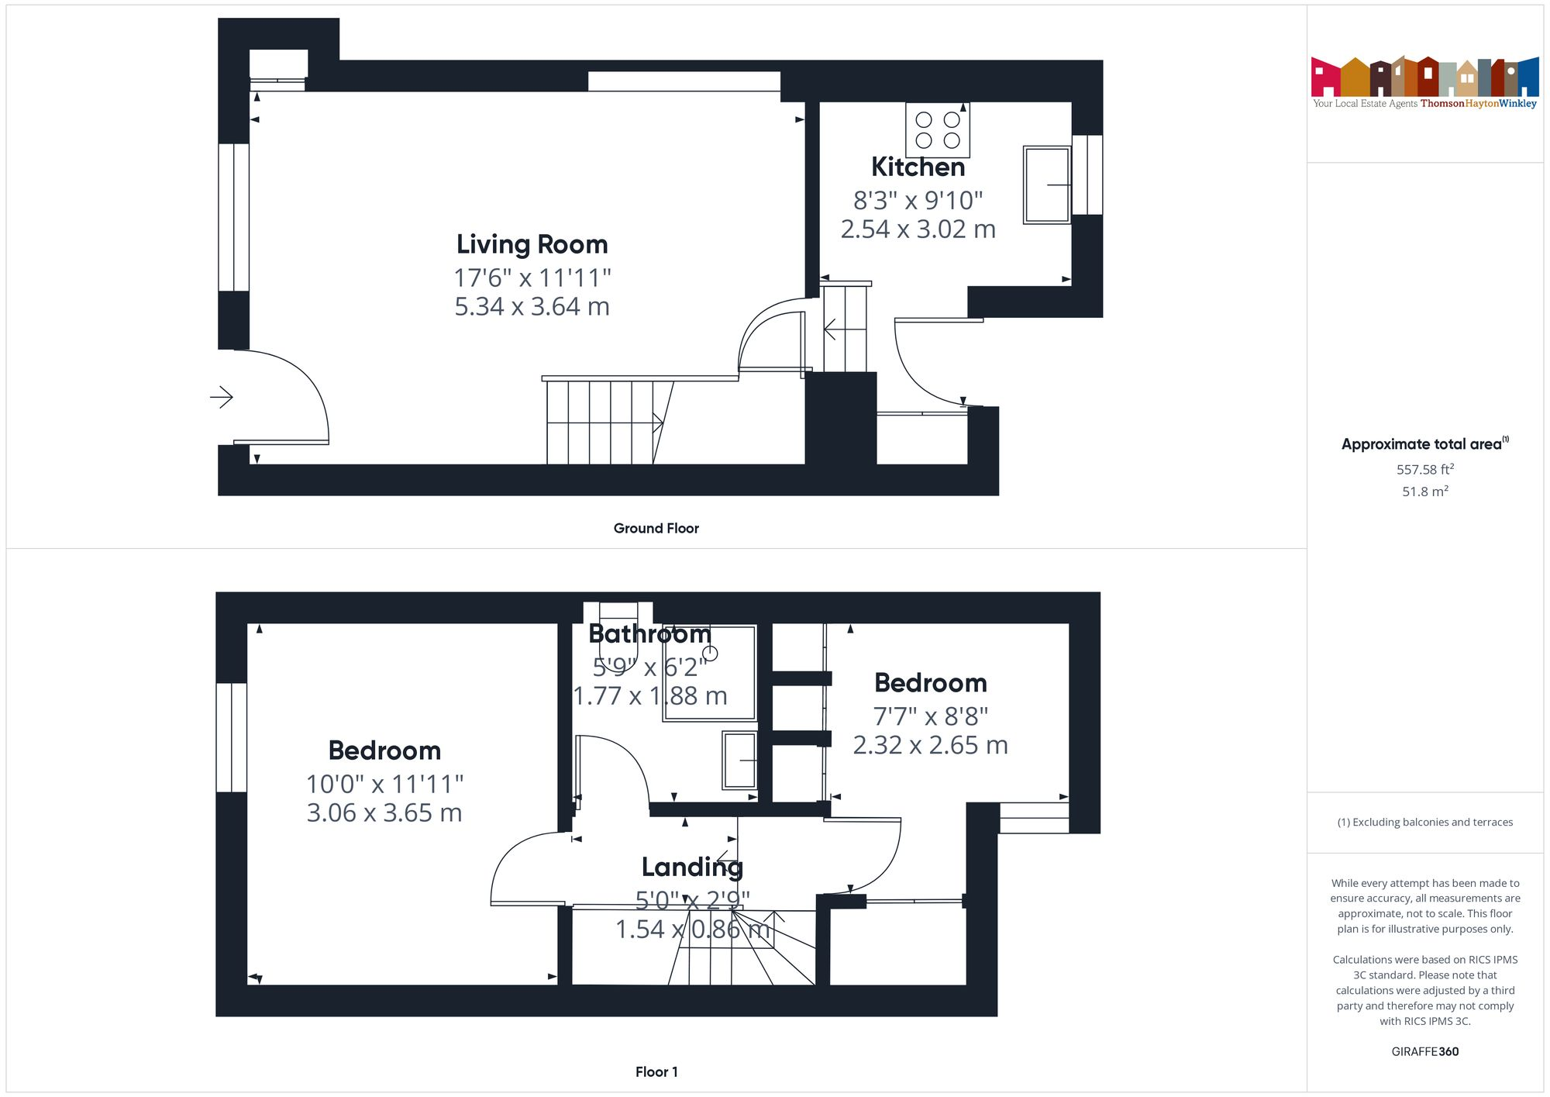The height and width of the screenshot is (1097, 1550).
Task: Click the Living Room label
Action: pyautogui.click(x=532, y=244)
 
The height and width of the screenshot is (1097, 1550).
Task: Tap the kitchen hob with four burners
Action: pyautogui.click(x=938, y=129)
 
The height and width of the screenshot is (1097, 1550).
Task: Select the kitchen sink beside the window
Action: pyautogui.click(x=1046, y=185)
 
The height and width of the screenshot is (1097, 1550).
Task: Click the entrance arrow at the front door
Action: pyautogui.click(x=222, y=398)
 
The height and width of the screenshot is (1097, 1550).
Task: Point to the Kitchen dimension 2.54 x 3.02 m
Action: pyautogui.click(x=918, y=229)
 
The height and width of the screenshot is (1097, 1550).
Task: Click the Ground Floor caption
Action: pyautogui.click(x=656, y=528)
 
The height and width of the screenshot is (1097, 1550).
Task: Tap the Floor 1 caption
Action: pyautogui.click(x=656, y=1071)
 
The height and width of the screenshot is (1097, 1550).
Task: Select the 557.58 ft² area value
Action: pyautogui.click(x=1424, y=469)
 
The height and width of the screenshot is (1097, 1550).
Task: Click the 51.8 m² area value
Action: pyautogui.click(x=1424, y=492)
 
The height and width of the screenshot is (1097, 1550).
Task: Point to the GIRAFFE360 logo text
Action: pyautogui.click(x=1424, y=1051)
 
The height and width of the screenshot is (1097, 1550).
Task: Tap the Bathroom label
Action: pyautogui.click(x=649, y=634)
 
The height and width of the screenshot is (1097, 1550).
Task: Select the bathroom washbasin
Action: pyautogui.click(x=739, y=761)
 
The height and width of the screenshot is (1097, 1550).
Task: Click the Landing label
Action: pyautogui.click(x=691, y=867)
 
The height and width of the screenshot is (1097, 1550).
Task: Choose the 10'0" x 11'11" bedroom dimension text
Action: pyautogui.click(x=384, y=784)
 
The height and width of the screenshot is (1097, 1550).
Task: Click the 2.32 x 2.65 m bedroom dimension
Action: pyautogui.click(x=930, y=745)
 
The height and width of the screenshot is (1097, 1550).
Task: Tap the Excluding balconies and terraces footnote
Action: pyautogui.click(x=1424, y=822)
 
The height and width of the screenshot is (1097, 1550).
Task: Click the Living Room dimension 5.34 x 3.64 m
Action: pyautogui.click(x=532, y=307)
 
